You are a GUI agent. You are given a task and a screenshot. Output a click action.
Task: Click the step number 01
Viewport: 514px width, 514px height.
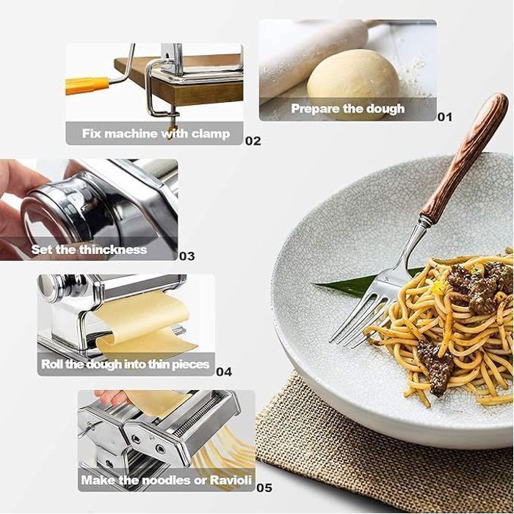click(445, 117)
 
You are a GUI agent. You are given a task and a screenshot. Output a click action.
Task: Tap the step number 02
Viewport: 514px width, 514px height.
click(253, 141)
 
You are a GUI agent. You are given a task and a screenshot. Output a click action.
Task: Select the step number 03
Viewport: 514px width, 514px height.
click(187, 256)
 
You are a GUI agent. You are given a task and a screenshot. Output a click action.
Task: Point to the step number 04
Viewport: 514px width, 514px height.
click(224, 372)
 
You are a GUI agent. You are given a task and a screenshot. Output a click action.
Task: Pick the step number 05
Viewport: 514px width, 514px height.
click(264, 488)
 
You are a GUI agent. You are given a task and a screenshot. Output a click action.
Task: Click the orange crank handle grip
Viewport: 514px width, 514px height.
click(87, 86)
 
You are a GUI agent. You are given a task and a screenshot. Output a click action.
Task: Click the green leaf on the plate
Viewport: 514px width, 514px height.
click(364, 282)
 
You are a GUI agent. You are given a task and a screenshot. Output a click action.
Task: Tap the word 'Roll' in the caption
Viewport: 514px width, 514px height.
click(51, 364)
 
